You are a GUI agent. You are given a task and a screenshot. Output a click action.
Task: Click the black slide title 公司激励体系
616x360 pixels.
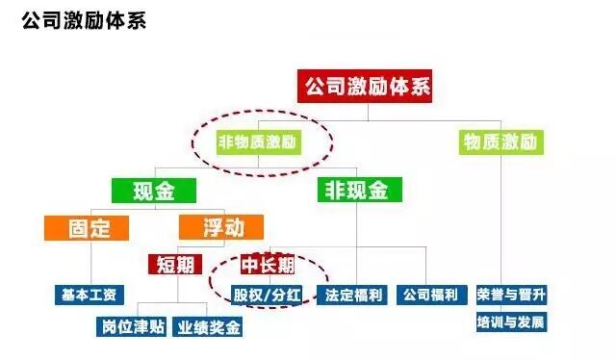click(84, 21)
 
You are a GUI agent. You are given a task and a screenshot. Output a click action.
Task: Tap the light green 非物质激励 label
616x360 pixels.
click(258, 143)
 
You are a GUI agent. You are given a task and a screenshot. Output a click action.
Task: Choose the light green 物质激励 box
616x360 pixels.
click(500, 142)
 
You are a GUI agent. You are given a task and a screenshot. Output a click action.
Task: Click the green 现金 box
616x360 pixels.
click(154, 190)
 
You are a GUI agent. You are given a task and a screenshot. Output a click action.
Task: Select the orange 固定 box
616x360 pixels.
click(90, 228)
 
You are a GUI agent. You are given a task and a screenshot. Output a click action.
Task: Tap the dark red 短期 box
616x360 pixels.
click(174, 263)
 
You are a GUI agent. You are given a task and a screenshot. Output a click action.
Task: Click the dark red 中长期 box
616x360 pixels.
click(268, 263)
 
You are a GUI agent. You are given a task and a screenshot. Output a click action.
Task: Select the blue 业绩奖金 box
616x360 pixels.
click(209, 327)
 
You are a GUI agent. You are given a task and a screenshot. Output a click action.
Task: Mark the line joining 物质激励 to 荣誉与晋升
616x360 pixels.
click(502, 221)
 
